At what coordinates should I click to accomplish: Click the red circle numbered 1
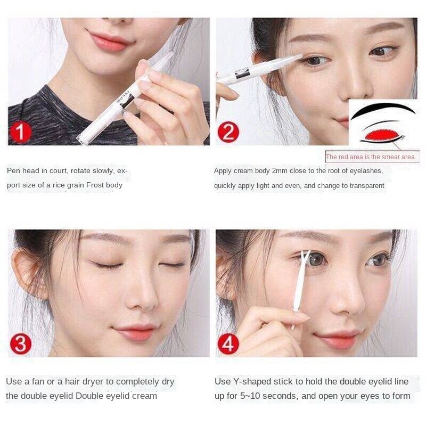(20, 132)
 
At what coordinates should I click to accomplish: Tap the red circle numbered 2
(228, 132)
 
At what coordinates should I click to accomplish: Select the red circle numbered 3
(20, 343)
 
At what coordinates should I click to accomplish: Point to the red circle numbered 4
(228, 343)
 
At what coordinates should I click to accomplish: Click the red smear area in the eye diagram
(381, 135)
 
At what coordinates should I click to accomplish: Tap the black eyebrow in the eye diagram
(383, 110)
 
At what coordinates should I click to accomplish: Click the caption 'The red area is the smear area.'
(371, 157)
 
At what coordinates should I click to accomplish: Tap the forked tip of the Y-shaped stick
(305, 256)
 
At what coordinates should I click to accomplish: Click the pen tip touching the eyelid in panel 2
(300, 56)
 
